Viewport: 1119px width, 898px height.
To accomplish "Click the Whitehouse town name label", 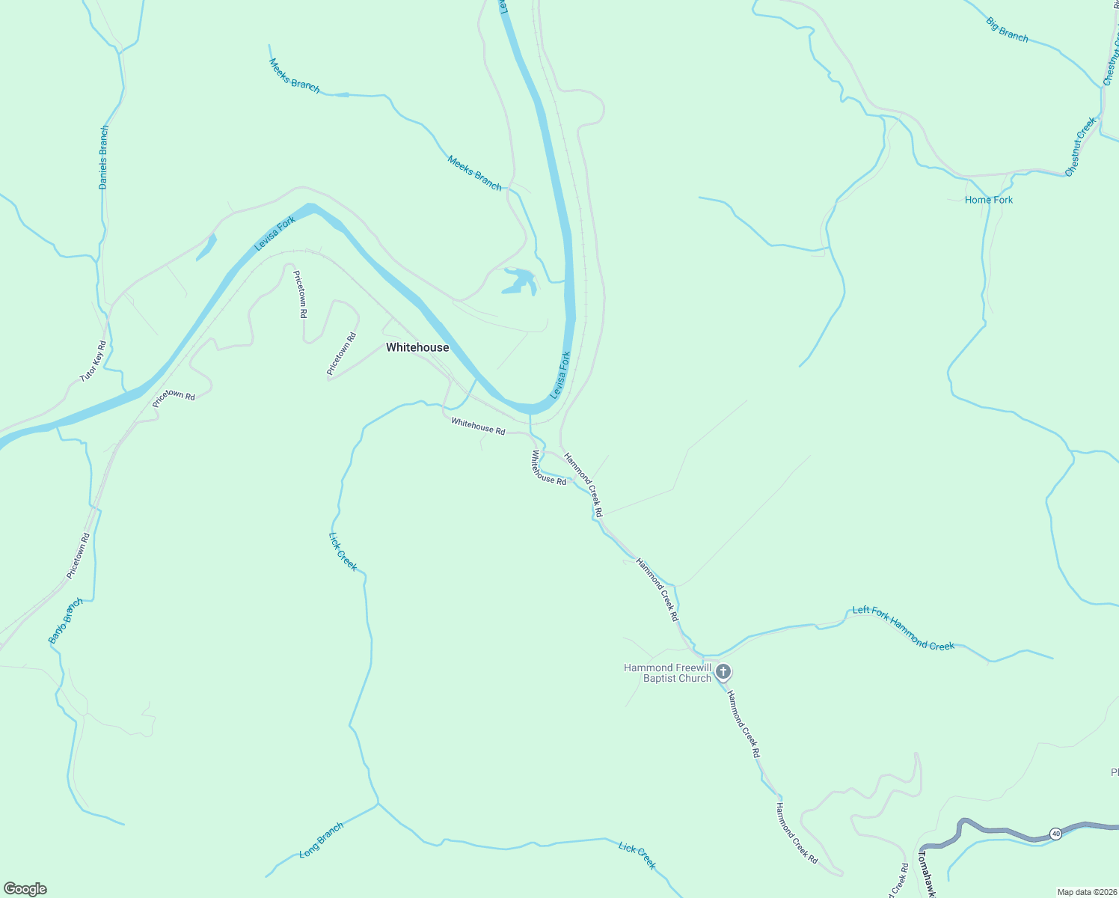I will (417, 347).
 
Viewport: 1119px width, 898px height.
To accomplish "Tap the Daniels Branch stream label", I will (104, 157).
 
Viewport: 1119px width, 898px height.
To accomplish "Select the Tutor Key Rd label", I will (93, 361).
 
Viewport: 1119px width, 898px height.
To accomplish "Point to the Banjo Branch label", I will (65, 621).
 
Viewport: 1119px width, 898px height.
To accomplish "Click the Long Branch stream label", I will (321, 840).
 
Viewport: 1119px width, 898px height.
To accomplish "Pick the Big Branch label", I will (1007, 30).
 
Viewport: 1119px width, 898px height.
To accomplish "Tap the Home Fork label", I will (989, 200).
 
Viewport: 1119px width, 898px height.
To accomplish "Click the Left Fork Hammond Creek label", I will (904, 628).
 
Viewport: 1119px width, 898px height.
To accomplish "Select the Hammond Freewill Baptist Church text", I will (667, 673).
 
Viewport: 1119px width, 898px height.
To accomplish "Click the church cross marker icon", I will (723, 671).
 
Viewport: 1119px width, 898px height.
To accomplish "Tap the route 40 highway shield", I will (1055, 834).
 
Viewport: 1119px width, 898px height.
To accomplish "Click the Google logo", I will (25, 889).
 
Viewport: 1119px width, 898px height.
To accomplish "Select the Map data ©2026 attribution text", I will (1086, 892).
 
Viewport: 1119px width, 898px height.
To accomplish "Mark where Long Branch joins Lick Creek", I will (378, 804).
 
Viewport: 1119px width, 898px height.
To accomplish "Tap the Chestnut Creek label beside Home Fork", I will (1081, 147).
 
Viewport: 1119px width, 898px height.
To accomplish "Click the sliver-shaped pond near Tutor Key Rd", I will (207, 247).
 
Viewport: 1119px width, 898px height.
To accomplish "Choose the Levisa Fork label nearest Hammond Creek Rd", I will (560, 374).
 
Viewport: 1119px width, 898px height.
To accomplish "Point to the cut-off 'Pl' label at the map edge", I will (1114, 772).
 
